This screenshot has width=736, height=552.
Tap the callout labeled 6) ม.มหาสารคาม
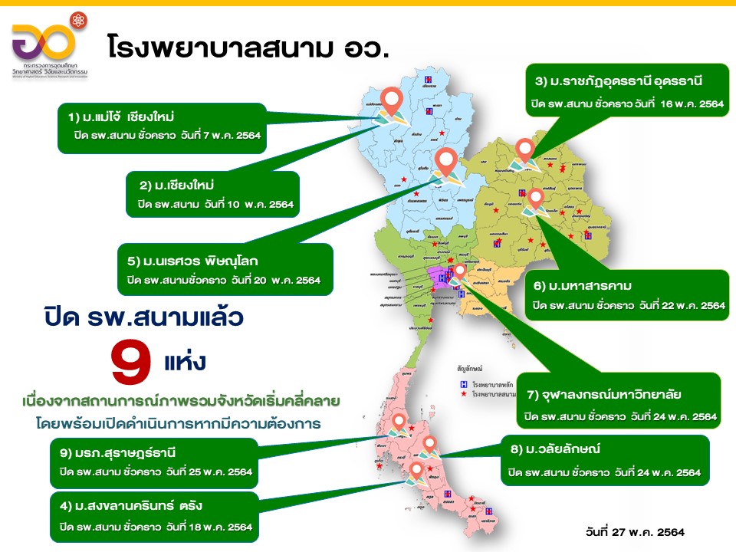629,294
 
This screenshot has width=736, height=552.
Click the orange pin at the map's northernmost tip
393,100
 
